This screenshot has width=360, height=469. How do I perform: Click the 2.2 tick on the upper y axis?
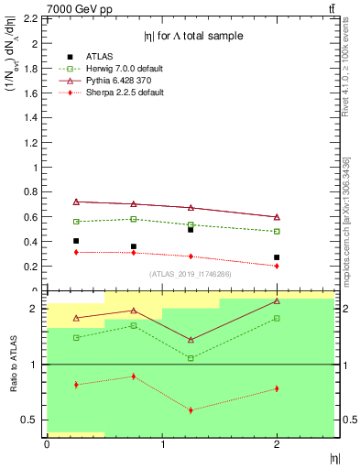click(30, 18)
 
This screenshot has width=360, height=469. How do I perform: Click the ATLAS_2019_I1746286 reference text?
click(190, 274)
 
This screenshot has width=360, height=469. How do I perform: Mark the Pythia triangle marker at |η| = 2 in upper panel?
click(277, 217)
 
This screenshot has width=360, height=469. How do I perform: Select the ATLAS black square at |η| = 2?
click(277, 257)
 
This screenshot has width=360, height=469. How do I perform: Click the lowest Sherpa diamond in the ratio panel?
click(191, 409)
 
